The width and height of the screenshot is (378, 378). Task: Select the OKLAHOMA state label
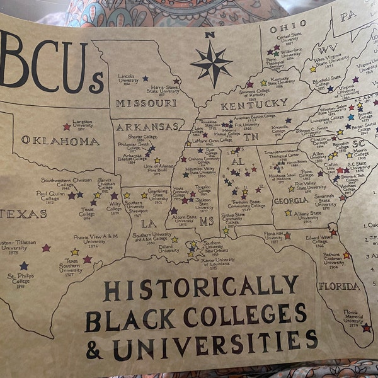click(60, 141)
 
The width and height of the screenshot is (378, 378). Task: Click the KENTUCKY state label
click(254, 103)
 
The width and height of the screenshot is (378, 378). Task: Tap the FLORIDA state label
click(340, 285)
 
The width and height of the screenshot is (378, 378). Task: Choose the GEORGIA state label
click(290, 201)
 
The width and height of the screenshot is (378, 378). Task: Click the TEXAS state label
click(23, 214)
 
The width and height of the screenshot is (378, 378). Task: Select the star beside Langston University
click(67, 127)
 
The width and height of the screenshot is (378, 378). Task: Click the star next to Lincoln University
click(146, 79)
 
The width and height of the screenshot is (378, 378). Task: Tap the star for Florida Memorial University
click(366, 328)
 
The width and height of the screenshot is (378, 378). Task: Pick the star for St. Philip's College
click(24, 265)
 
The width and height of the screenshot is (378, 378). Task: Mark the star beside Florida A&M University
click(287, 236)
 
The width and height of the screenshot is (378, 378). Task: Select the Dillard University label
click(168, 248)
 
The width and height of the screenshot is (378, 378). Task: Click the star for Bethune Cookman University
click(346, 255)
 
